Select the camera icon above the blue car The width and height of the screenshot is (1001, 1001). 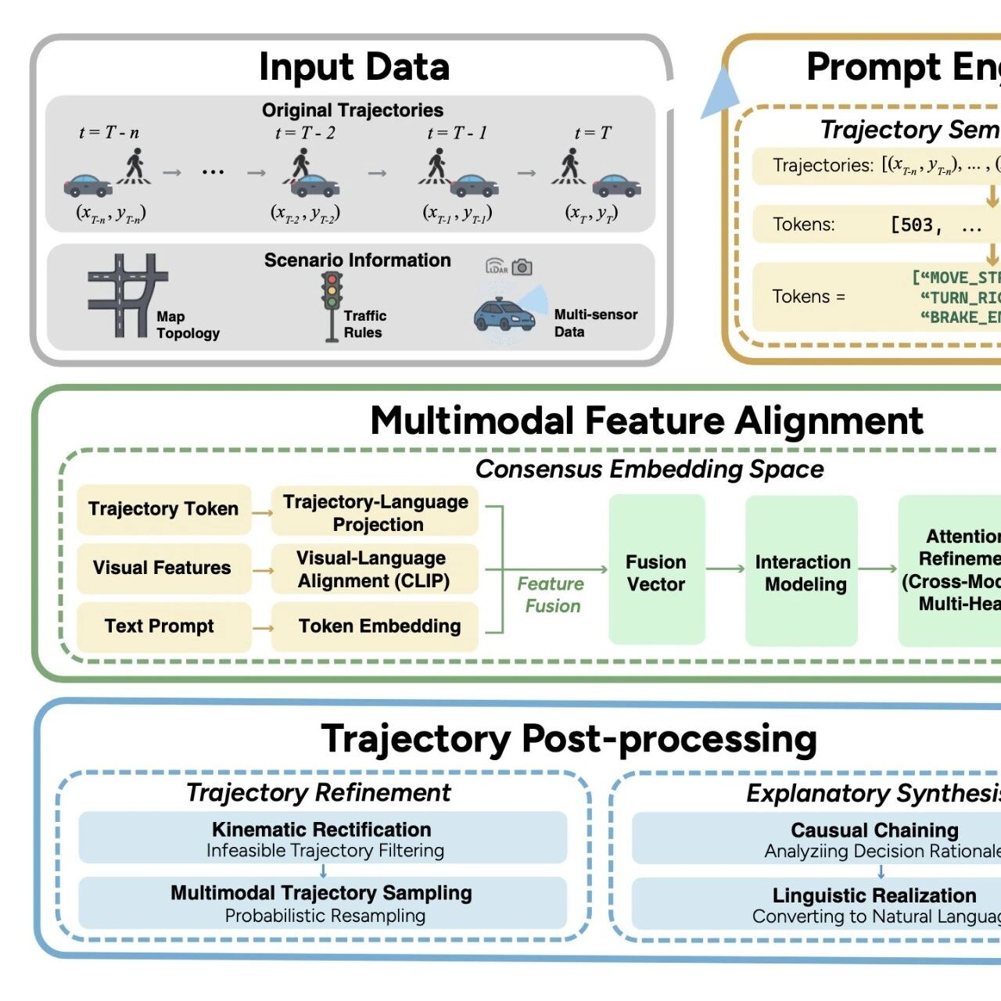tap(522, 267)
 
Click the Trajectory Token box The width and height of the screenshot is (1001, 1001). tap(163, 509)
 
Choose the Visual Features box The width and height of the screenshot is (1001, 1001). tap(163, 568)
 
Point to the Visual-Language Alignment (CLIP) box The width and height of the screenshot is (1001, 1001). tap(375, 569)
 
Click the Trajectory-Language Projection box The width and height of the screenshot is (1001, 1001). tap(375, 512)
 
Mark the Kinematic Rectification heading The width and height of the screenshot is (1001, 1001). tap(321, 829)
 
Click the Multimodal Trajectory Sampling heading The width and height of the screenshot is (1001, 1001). tap(321, 893)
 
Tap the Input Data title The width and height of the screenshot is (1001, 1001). tap(354, 67)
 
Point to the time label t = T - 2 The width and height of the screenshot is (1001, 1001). tap(305, 133)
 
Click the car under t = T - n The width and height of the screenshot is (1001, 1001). tap(88, 185)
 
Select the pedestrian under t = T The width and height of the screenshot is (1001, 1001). tap(570, 166)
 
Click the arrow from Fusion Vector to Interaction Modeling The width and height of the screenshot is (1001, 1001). tap(725, 569)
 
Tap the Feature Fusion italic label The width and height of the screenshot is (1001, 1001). tap(551, 594)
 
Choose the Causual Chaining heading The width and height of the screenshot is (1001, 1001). tap(874, 830)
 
